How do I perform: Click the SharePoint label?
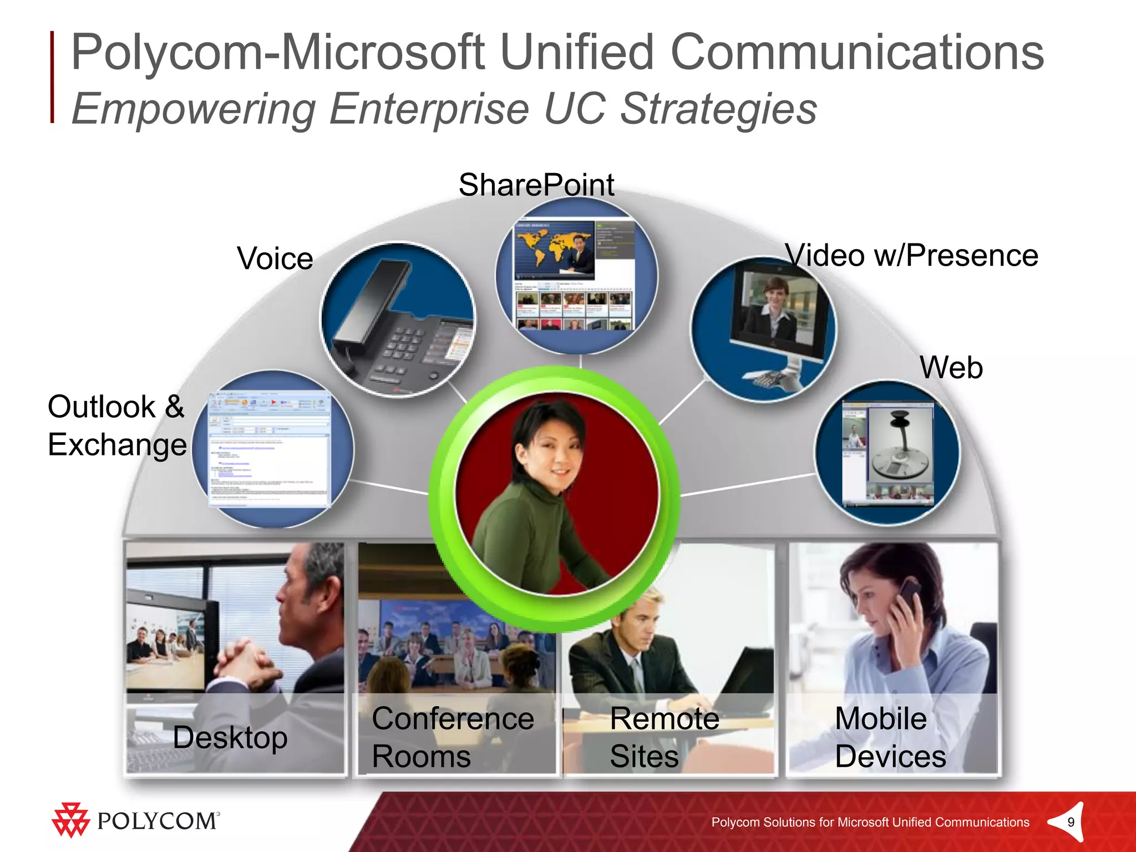[x=536, y=185]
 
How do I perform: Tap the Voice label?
[x=275, y=258]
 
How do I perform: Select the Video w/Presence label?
[x=911, y=256]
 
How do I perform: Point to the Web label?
[x=951, y=368]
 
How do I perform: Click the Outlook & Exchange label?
[x=116, y=425]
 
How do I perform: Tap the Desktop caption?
[x=230, y=738]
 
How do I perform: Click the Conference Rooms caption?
[x=453, y=737]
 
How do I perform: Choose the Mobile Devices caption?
[x=890, y=737]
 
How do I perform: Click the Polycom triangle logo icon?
[x=70, y=819]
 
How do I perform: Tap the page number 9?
[x=1071, y=822]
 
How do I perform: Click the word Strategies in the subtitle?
[x=719, y=109]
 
